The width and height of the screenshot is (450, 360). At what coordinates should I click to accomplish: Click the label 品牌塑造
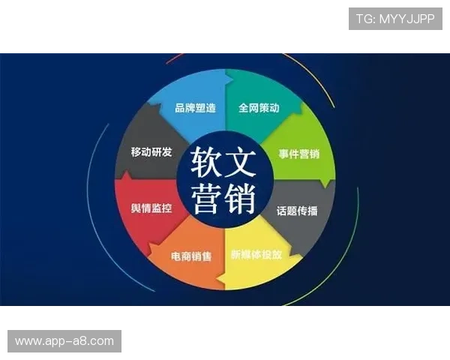[195, 108]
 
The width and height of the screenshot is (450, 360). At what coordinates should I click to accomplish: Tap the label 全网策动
[259, 108]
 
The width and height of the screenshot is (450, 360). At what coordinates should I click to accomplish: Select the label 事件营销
[299, 154]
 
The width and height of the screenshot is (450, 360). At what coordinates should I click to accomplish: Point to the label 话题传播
[297, 211]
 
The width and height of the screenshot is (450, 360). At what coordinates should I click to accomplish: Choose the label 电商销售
[191, 256]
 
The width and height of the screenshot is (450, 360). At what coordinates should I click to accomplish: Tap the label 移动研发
[151, 152]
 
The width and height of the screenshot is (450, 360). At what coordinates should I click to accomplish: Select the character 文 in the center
[241, 160]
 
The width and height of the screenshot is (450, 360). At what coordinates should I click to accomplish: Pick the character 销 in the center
[241, 197]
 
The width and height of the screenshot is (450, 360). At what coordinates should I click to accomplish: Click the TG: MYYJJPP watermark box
[395, 19]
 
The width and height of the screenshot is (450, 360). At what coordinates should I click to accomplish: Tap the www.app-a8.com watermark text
[64, 341]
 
